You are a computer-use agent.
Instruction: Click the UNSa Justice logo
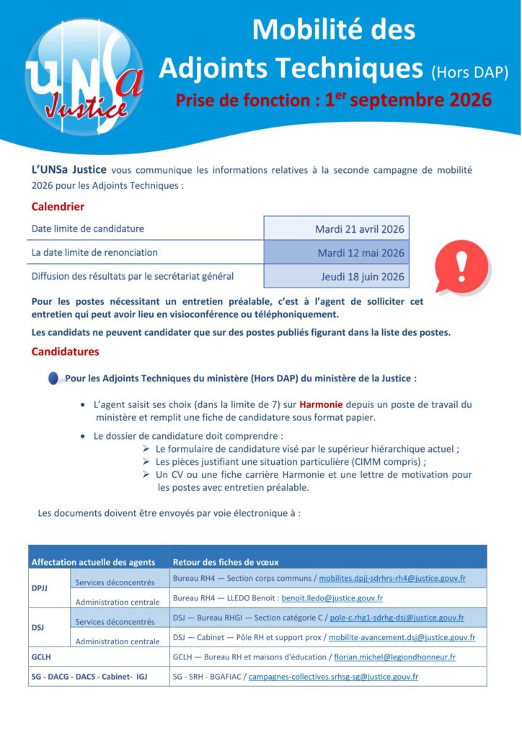coord(84,76)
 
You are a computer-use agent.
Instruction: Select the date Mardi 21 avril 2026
coord(359,229)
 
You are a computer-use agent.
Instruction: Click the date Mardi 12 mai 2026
coord(360,253)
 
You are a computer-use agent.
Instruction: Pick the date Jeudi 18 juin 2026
coord(362,276)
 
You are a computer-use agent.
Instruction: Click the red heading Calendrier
coord(58,207)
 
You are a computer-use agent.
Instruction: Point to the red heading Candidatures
coord(65,352)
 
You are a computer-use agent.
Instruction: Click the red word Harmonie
coord(321,404)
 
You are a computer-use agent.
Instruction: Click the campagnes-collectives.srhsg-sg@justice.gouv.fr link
coord(333,677)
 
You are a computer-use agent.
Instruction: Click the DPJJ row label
coord(39,588)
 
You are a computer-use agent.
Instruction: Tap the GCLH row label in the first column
coord(41,657)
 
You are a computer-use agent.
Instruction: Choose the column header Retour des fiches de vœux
coord(226,562)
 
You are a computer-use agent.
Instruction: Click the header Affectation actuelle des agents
coord(93,562)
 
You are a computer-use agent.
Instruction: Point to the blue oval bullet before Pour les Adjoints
coord(53,378)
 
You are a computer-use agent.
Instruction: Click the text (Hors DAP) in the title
coord(469,72)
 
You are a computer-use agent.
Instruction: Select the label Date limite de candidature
coord(88,229)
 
